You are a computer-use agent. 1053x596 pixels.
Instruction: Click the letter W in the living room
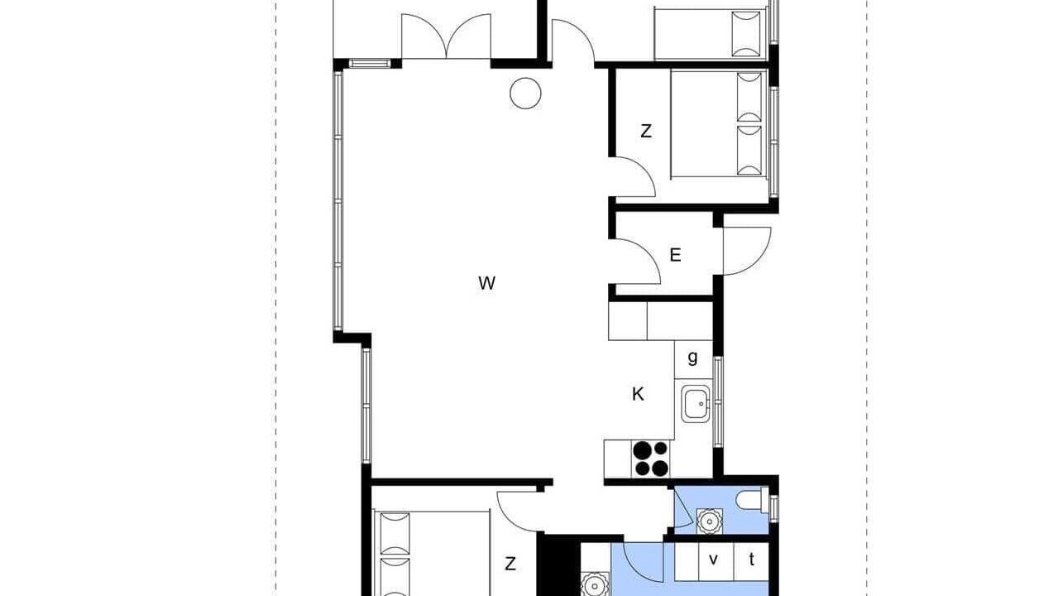tap(486, 283)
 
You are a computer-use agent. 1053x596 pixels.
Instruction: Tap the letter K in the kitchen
tap(638, 394)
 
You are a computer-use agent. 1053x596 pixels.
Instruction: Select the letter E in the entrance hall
tap(675, 255)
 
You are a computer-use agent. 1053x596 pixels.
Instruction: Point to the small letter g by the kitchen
tap(692, 358)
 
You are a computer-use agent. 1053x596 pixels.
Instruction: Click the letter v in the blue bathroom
tap(714, 560)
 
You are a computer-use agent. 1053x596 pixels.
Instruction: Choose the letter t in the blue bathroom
tap(752, 560)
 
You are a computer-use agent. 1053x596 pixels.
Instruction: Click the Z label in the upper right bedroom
tap(646, 132)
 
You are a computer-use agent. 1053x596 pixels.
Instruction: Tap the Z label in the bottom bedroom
tap(510, 564)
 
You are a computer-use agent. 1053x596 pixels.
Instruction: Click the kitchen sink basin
tap(696, 404)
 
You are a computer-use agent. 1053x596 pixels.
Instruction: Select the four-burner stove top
tap(651, 458)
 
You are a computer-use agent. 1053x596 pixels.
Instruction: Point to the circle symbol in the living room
tap(525, 94)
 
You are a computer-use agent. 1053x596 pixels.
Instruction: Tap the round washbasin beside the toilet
tap(709, 521)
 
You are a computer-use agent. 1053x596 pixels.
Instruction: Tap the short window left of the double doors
tap(370, 64)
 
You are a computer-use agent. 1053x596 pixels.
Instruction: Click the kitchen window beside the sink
tap(718, 402)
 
